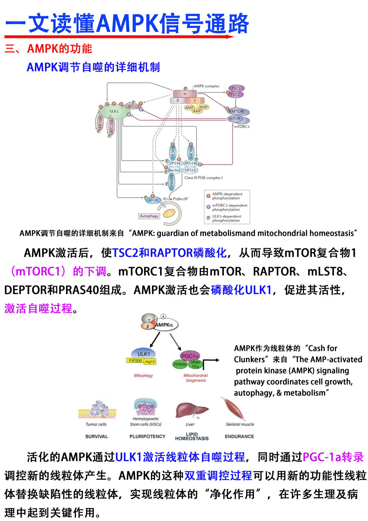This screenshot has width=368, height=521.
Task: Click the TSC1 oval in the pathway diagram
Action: point(236,88)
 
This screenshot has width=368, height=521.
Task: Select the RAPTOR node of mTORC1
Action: point(236,111)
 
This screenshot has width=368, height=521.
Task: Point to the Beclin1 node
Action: point(174,170)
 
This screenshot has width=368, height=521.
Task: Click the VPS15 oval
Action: point(190,170)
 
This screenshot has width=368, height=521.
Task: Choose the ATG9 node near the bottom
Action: point(153,200)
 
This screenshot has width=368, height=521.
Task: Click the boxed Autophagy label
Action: point(149,216)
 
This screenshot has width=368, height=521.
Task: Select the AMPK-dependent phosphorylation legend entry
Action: point(227,196)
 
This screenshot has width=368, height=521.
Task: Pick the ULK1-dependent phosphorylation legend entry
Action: point(226,218)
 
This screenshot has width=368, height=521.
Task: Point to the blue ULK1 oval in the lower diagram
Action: point(143,354)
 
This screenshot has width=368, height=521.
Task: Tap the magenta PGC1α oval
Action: point(190,356)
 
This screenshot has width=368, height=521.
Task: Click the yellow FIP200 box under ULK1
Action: point(135,361)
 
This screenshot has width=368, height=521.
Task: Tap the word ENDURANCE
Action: point(239,436)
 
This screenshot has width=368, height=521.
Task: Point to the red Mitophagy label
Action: point(143,375)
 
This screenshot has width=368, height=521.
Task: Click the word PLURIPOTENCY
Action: point(147,436)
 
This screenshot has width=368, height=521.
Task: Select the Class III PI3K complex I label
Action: point(203,178)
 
